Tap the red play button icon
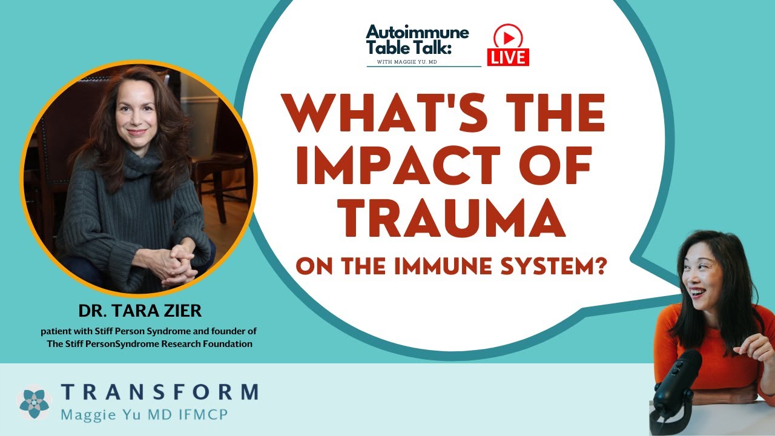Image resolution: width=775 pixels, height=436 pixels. coord(508,38)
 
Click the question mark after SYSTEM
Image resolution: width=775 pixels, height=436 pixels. coord(600,266)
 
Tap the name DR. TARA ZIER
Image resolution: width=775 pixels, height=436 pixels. coord(140,312)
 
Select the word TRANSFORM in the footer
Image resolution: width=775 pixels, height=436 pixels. coord(159,392)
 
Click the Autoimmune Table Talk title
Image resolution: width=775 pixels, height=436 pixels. coord(417,40)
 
